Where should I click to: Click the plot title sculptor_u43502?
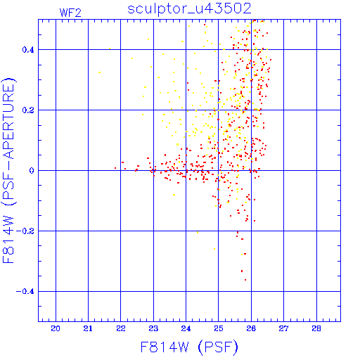[x=189, y=9]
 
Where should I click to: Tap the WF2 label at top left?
[x=70, y=13]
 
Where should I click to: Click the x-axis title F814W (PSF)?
[x=189, y=347]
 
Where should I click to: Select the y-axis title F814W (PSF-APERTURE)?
[x=8, y=170]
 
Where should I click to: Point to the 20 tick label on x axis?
[x=56, y=328]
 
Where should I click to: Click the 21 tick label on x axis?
[x=88, y=328]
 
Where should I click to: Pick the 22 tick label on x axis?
[x=121, y=328]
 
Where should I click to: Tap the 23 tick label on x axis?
[x=153, y=328]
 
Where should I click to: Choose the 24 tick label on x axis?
[x=186, y=328]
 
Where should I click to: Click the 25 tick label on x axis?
[x=219, y=328]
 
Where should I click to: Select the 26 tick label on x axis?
[x=251, y=328]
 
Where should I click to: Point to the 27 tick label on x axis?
[x=283, y=328]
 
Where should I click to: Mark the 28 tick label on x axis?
[x=316, y=328]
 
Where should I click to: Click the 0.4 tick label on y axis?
[x=28, y=50]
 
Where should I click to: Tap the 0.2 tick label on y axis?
[x=28, y=110]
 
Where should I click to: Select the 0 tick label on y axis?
[x=32, y=171]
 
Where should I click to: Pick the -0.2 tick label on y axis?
[x=25, y=231]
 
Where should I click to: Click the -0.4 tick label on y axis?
[x=25, y=292]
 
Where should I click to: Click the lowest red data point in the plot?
[x=245, y=280]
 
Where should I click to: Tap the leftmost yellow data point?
[x=100, y=72]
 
